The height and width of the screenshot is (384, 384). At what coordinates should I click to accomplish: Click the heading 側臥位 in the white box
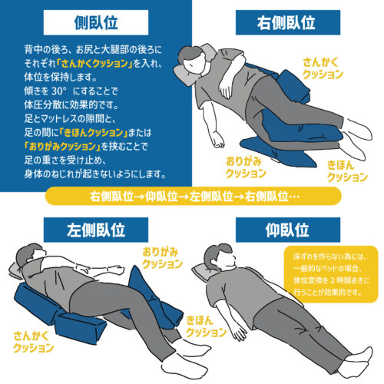96,22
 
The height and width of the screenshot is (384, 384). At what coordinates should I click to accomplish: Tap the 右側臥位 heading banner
288,22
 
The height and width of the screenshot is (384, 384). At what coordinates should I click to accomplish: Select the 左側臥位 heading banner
96,230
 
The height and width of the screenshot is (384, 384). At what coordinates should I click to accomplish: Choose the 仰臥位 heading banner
288,230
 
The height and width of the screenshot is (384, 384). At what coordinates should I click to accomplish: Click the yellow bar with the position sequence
194,196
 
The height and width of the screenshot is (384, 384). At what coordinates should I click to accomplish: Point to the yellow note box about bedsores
331,274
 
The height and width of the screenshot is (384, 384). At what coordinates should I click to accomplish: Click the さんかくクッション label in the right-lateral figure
323,68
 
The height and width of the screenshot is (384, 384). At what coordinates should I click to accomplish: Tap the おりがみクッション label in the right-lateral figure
246,167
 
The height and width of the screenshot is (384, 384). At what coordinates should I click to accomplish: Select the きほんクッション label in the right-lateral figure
347,171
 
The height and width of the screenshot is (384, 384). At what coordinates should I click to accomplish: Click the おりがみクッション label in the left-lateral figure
162,258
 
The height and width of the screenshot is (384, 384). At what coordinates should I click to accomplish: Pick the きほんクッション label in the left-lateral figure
206,326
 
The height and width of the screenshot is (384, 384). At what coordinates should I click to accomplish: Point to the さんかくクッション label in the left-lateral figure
33,342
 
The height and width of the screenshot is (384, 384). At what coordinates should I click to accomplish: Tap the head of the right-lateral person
192,60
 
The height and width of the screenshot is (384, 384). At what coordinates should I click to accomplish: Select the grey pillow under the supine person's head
201,273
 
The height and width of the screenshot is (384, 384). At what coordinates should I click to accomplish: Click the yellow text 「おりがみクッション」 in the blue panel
62,147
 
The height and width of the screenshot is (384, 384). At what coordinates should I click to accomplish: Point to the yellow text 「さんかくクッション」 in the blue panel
94,64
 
